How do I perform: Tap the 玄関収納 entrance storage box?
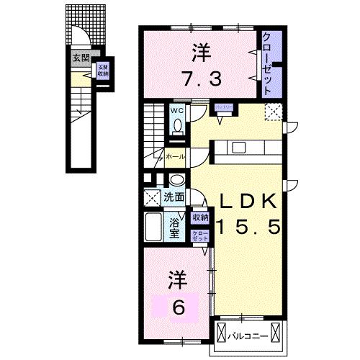[x=102, y=71]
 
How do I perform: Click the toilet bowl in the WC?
[x=177, y=125]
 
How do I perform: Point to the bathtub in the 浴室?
[x=153, y=228]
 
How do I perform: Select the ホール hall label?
[x=175, y=156]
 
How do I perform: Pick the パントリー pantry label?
[x=224, y=107]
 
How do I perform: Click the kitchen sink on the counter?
[x=239, y=148]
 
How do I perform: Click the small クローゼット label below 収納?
[x=199, y=235]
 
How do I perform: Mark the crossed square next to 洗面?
[x=151, y=197]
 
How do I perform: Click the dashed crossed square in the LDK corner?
[x=273, y=112]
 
